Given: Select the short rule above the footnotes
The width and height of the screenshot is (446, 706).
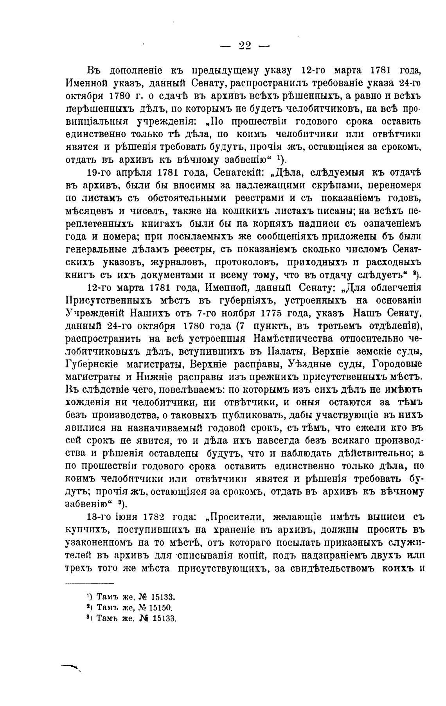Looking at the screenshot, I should click(x=89, y=584).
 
